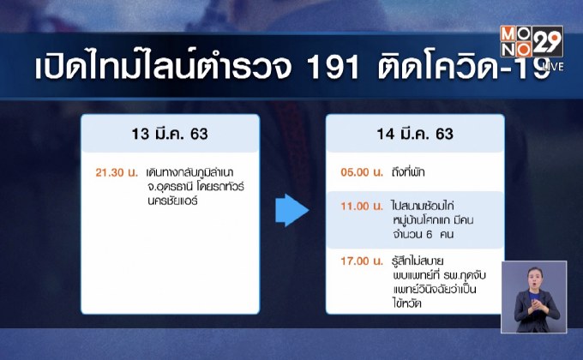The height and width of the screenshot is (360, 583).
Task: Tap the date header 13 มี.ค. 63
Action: tap(170, 135)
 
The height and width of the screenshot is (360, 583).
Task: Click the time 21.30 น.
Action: tap(117, 172)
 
